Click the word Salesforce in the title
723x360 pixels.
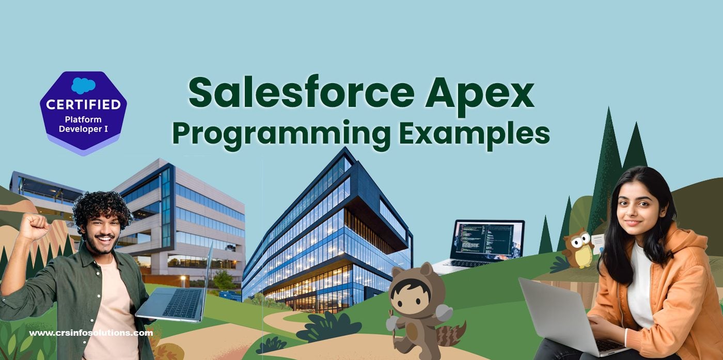[x=301, y=92]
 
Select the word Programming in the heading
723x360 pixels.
[x=281, y=135]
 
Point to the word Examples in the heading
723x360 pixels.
[x=475, y=135]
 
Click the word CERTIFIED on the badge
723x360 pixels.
[x=83, y=104]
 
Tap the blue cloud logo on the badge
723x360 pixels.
[x=83, y=85]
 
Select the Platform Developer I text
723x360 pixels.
[x=83, y=124]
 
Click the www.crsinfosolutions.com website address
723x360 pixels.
[x=91, y=333]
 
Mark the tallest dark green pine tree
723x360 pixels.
[x=606, y=168]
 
